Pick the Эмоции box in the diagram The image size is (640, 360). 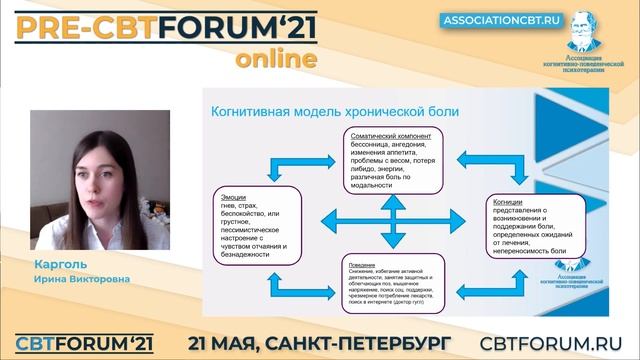coord(256,221)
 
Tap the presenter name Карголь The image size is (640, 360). coord(56,266)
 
